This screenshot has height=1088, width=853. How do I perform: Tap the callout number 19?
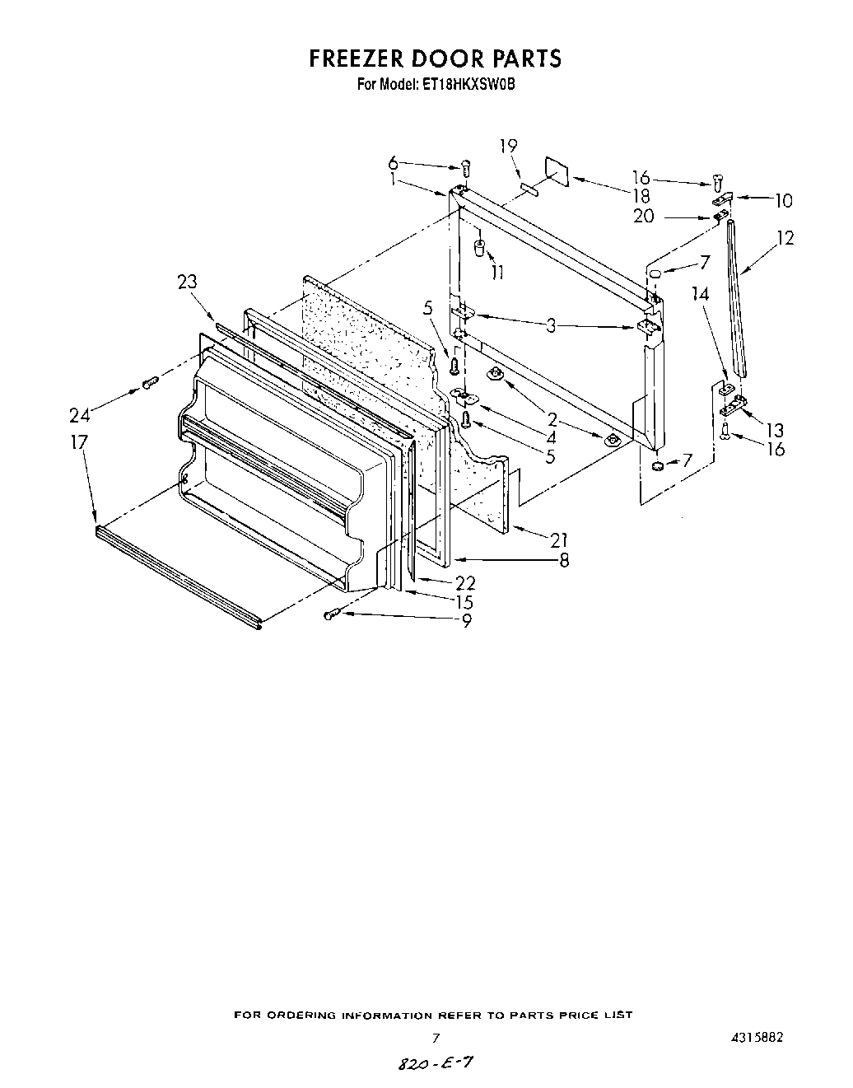pyautogui.click(x=508, y=147)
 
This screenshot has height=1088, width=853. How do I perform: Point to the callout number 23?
pyautogui.click(x=187, y=282)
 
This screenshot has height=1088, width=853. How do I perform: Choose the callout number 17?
pyautogui.click(x=78, y=442)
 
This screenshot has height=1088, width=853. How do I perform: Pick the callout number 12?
pyautogui.click(x=785, y=238)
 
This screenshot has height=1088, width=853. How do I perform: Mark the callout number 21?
pyautogui.click(x=560, y=540)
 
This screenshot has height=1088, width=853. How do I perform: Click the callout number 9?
pyautogui.click(x=467, y=621)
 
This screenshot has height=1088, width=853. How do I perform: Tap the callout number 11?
pyautogui.click(x=497, y=272)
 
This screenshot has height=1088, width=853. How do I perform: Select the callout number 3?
pyautogui.click(x=551, y=326)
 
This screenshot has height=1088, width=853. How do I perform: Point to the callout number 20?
pyautogui.click(x=644, y=216)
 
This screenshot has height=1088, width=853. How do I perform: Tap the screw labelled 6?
pyautogui.click(x=466, y=168)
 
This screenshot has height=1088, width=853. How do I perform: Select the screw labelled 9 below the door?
pyautogui.click(x=331, y=614)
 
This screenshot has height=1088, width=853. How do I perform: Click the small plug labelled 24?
pyautogui.click(x=150, y=382)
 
